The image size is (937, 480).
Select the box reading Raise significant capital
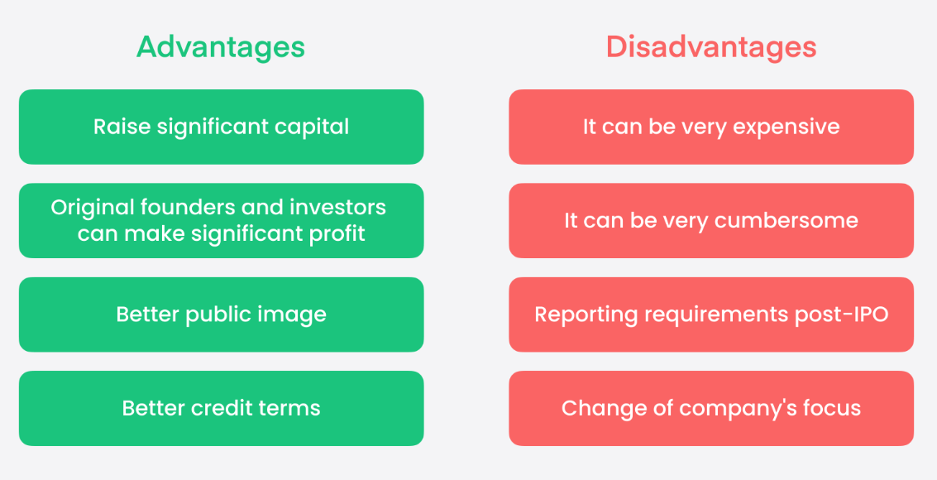(221, 127)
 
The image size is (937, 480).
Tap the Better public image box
(221, 314)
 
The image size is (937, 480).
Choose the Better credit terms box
(221, 408)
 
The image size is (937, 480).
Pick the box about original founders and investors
(221, 221)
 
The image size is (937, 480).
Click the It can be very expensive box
(711, 127)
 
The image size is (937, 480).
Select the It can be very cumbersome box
(711, 221)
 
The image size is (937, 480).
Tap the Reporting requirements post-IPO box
(711, 314)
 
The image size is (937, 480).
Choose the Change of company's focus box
(711, 408)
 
